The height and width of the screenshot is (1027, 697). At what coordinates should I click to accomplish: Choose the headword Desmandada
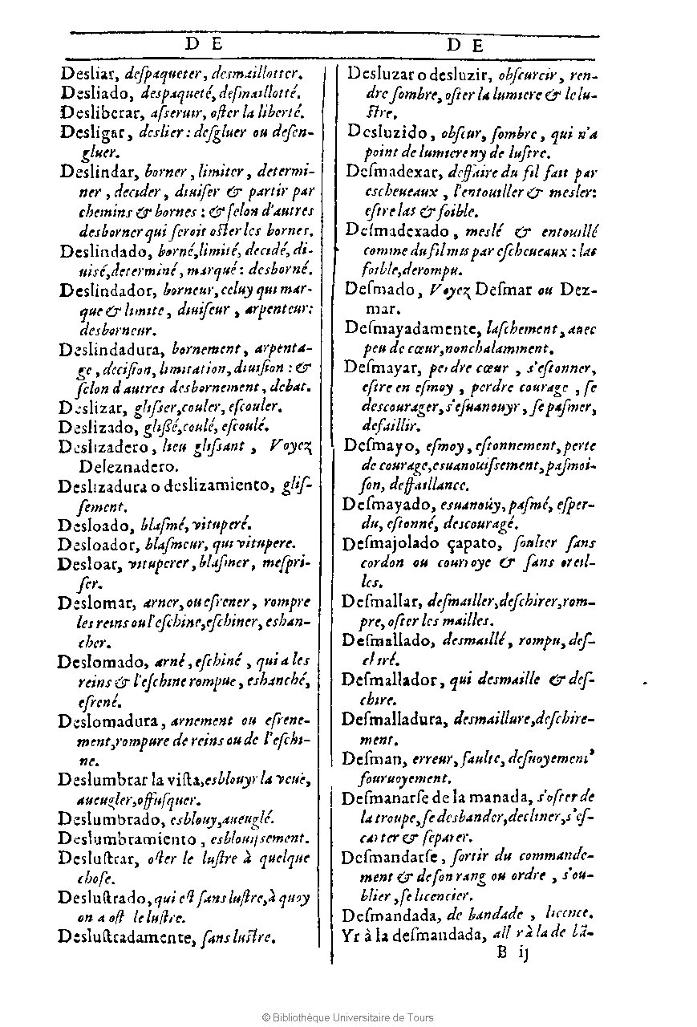[391, 914]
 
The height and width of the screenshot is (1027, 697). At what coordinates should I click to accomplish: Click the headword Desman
[365, 757]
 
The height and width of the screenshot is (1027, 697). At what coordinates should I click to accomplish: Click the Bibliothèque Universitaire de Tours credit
[348, 1017]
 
